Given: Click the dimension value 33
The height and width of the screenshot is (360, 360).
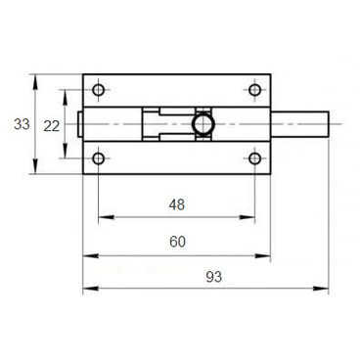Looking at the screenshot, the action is coord(22,124).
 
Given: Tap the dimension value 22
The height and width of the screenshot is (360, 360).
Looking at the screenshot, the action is coord(52,126).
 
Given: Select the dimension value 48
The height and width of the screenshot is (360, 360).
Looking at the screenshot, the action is coord(177,204).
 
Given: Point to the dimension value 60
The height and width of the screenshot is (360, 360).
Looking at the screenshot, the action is coord(177,242).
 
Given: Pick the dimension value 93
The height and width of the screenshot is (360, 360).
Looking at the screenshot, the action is coord(214,277).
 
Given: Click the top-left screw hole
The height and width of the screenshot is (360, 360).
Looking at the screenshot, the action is coord(98,90).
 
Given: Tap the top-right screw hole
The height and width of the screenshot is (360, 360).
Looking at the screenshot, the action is coord(254,90).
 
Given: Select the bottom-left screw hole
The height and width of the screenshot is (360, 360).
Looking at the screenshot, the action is coord(98,158).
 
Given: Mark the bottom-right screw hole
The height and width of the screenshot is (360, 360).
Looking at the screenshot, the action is coord(254,158).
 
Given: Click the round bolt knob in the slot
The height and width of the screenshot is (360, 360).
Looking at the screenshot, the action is coord(203,124).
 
